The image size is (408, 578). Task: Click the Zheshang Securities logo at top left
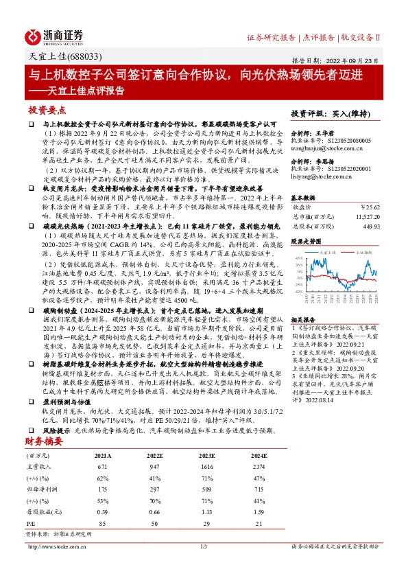(x=56, y=36)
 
